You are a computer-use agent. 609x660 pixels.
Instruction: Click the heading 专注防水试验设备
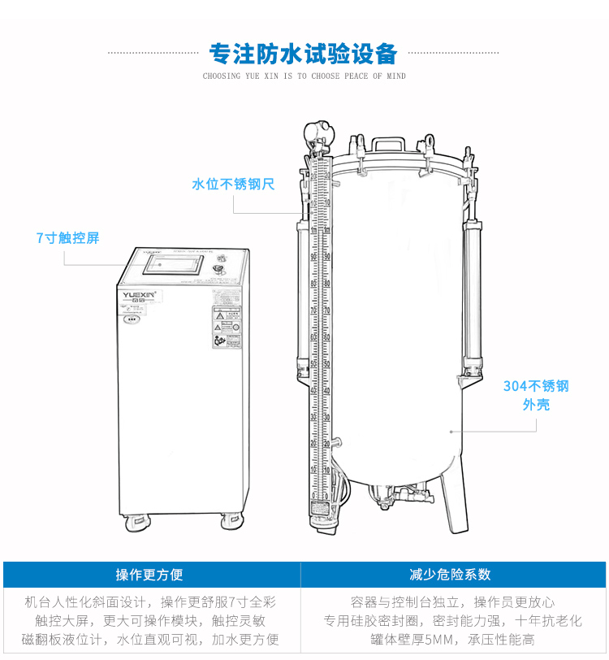304,54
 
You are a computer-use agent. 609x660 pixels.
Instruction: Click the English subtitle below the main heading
304,76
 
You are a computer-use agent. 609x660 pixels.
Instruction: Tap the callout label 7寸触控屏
67,238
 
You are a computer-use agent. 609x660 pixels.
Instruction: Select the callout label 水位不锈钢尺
233,185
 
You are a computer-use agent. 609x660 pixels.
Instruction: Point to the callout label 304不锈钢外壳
536,394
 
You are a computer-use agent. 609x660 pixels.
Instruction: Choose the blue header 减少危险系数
455,575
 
